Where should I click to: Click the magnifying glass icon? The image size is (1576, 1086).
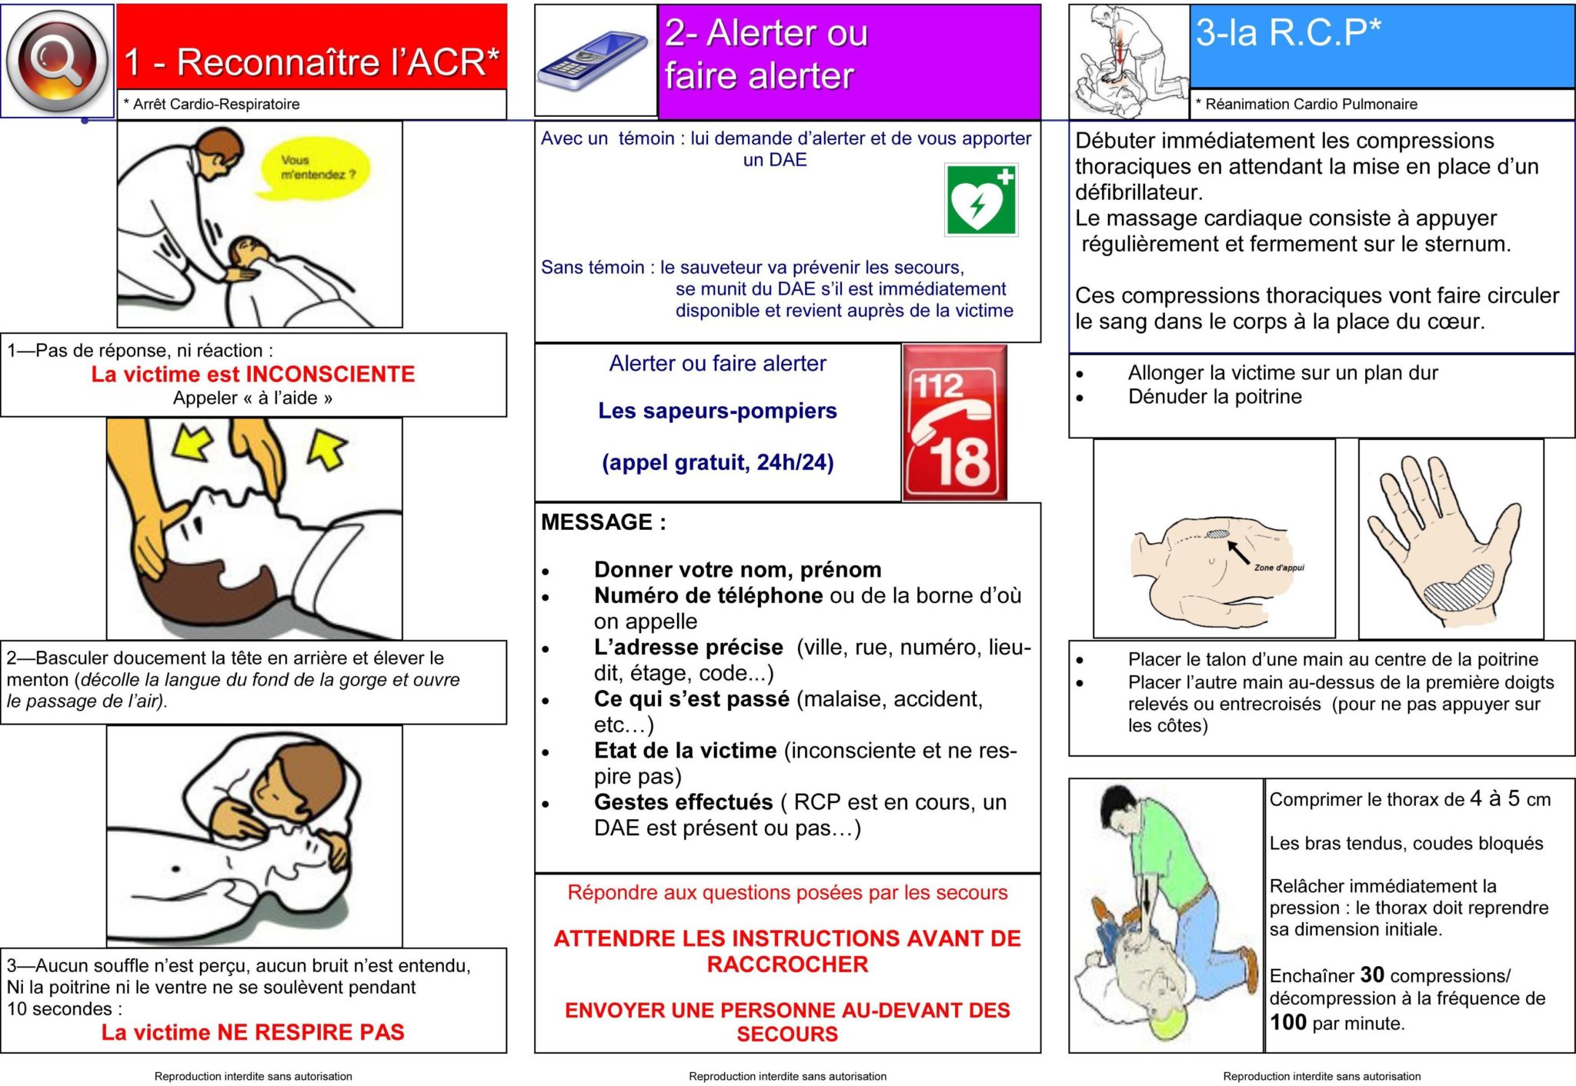tap(57, 60)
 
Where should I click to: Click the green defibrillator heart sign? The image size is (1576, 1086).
tap(980, 200)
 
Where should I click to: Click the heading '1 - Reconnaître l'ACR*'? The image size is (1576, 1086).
tap(312, 62)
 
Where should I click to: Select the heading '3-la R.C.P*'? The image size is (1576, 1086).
tap(1288, 32)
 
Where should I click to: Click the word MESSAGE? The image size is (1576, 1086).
tap(597, 522)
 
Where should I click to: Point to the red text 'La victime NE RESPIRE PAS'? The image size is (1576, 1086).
tap(252, 1032)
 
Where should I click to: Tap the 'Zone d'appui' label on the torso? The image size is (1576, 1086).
tap(1279, 568)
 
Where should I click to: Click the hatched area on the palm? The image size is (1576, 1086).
tap(1458, 588)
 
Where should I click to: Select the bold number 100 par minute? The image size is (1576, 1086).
tap(1288, 1022)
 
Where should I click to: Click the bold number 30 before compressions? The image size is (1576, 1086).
tap(1372, 975)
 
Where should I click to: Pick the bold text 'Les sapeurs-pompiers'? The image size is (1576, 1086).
tap(717, 411)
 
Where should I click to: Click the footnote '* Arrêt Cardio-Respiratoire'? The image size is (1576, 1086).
tap(212, 105)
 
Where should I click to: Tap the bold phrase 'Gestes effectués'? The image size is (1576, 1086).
tap(683, 802)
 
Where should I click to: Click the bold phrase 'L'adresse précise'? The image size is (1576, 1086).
tap(688, 648)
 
